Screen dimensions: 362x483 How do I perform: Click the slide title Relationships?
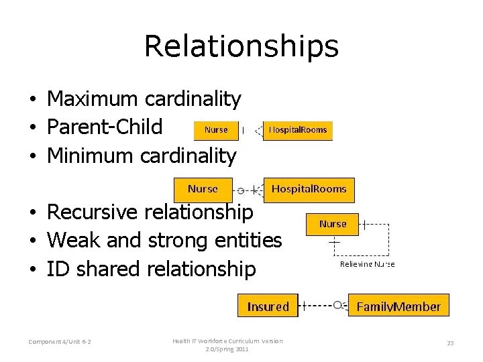pos(241,46)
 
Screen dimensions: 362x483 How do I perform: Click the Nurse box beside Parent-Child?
pos(216,130)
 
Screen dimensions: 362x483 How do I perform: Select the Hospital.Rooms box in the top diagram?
pos(298,130)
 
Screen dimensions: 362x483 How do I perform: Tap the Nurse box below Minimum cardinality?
pos(203,189)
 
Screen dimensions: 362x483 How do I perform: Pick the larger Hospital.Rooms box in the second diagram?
pos(309,189)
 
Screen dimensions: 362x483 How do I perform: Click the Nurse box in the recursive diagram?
pos(333,224)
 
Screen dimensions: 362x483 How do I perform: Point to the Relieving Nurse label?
pos(367,264)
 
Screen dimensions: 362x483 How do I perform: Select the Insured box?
pos(268,306)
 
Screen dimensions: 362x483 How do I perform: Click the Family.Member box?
pos(398,306)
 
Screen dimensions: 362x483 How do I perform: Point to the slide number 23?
pos(450,343)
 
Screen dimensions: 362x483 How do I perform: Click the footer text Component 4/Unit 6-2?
pos(60,343)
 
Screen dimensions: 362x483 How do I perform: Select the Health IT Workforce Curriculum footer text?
pos(227,345)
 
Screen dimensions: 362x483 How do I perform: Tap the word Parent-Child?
pos(105,127)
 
